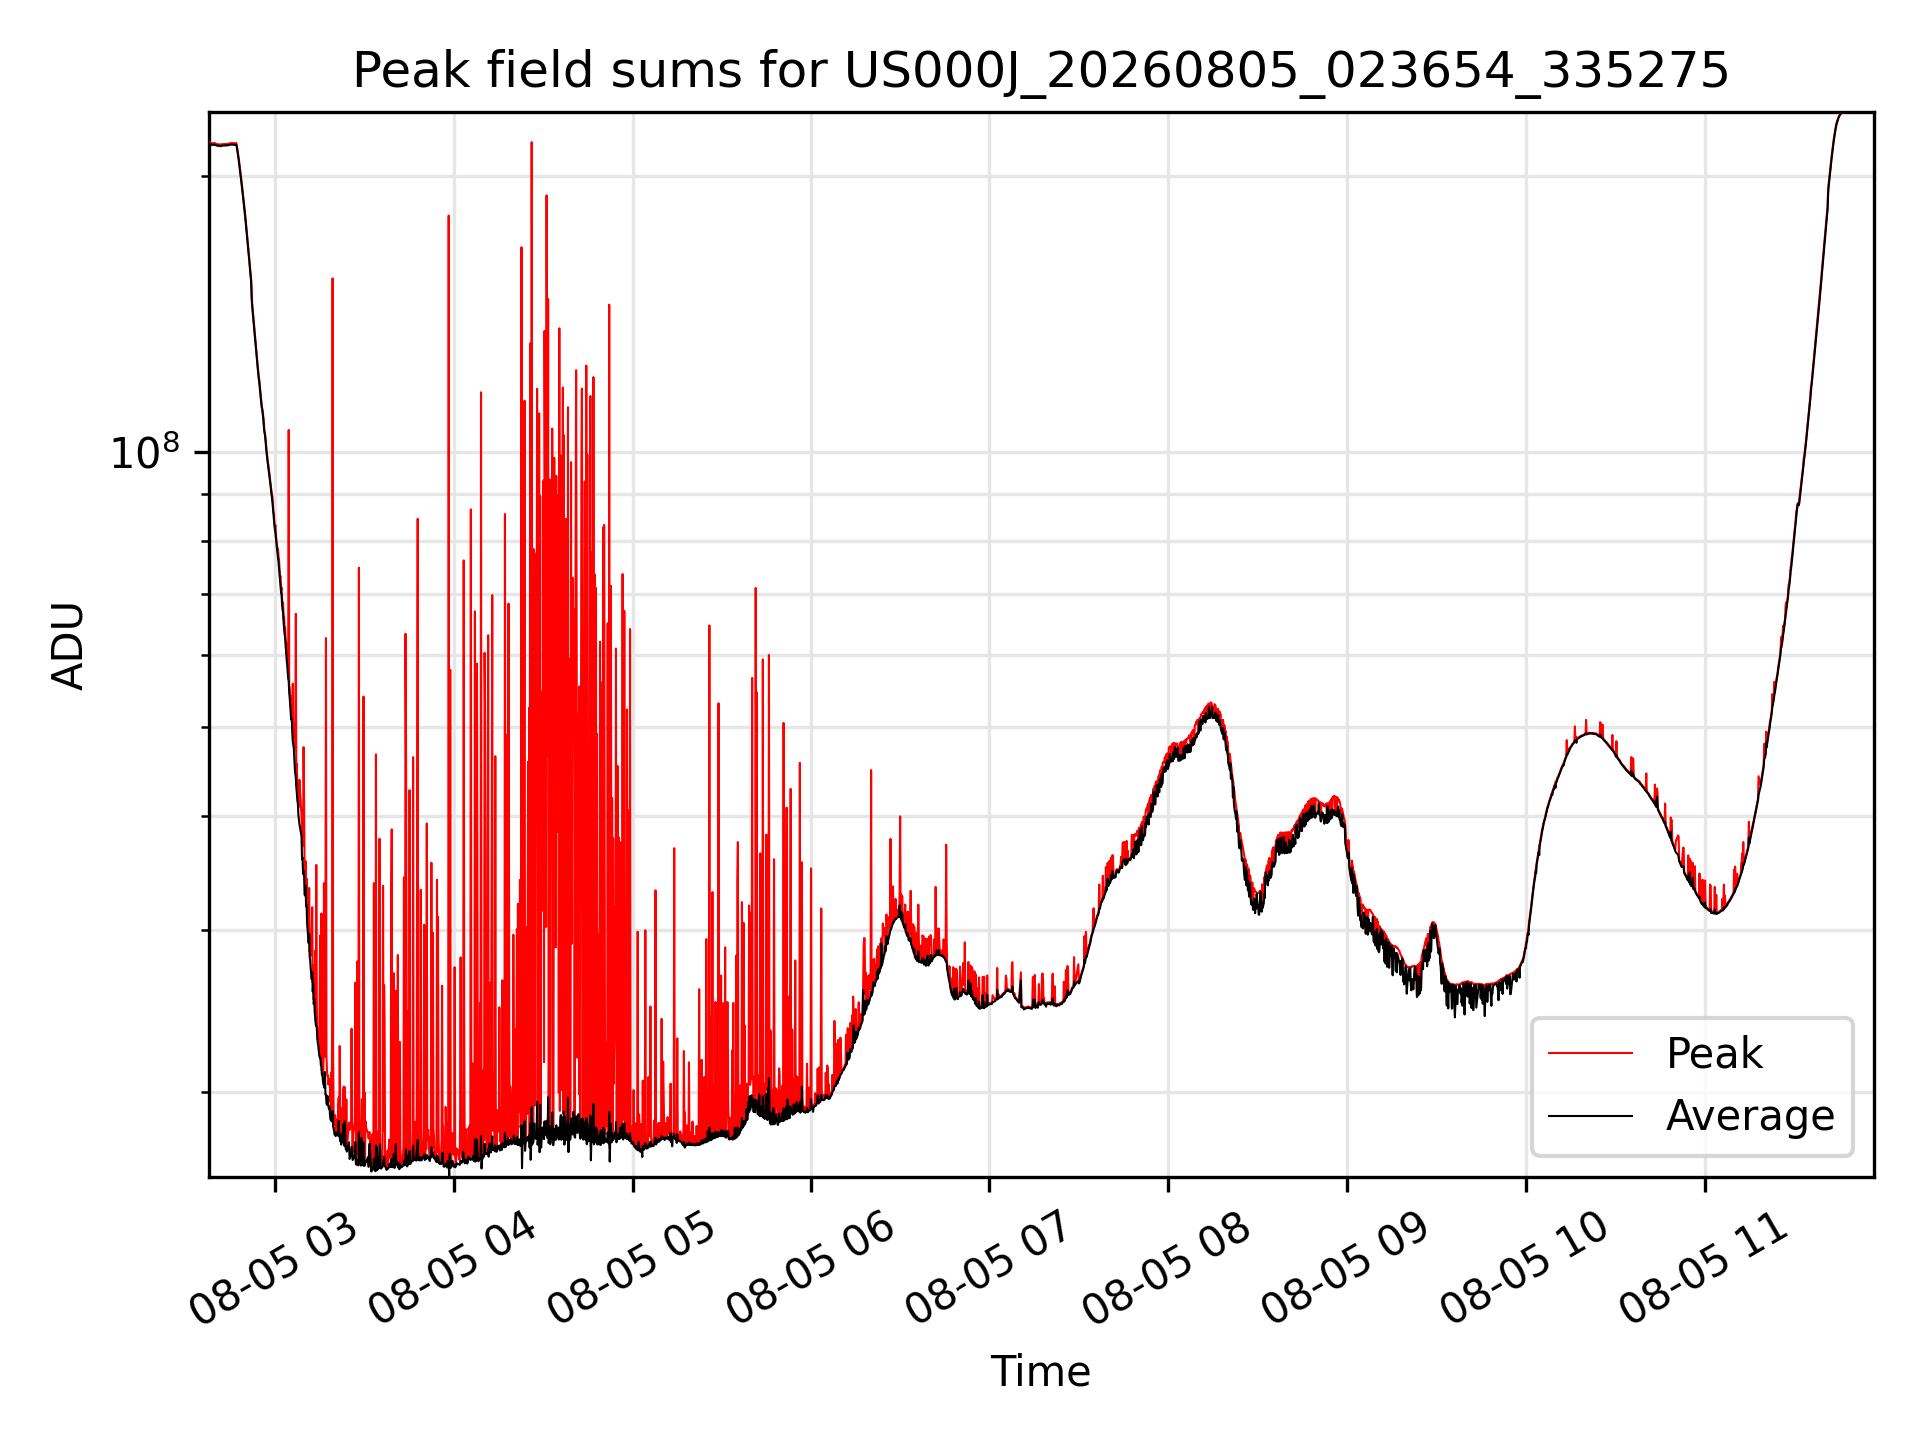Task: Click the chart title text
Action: pyautogui.click(x=1040, y=71)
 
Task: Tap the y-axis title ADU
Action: pyautogui.click(x=68, y=646)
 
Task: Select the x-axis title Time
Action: pyautogui.click(x=1040, y=1371)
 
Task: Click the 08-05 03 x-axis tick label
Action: pyautogui.click(x=274, y=1267)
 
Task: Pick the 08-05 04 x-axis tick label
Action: pyautogui.click(x=453, y=1267)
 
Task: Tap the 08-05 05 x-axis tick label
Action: pyautogui.click(x=632, y=1267)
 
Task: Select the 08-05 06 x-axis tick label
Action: pyautogui.click(x=811, y=1267)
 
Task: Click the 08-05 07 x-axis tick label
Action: pyautogui.click(x=989, y=1267)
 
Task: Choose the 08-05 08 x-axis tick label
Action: pyautogui.click(x=1167, y=1267)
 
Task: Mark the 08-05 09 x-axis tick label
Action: pyautogui.click(x=1346, y=1267)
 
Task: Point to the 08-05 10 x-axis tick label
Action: pyautogui.click(x=1525, y=1267)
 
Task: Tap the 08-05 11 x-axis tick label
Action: pyautogui.click(x=1704, y=1267)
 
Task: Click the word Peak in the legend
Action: pyautogui.click(x=1714, y=1054)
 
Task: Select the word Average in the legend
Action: pyautogui.click(x=1750, y=1116)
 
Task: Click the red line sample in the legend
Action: pyautogui.click(x=1591, y=1054)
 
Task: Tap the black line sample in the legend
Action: pyautogui.click(x=1591, y=1116)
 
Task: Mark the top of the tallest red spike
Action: pyautogui.click(x=531, y=143)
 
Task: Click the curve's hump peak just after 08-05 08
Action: pyautogui.click(x=1211, y=705)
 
